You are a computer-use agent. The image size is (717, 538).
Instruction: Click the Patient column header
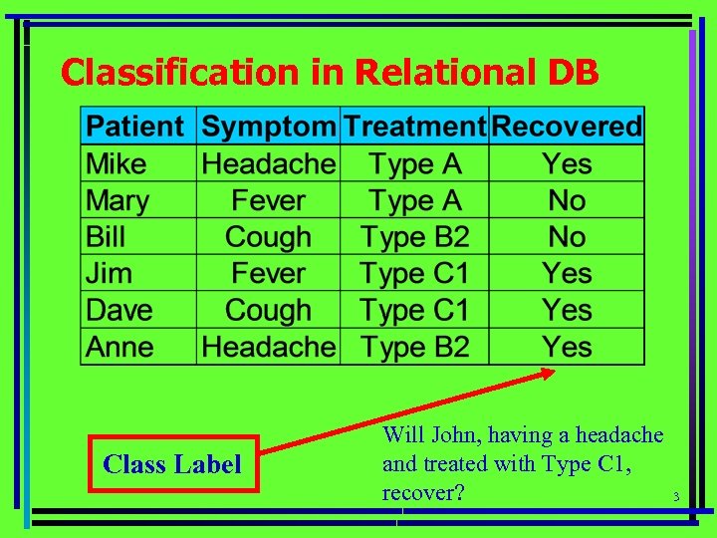135,128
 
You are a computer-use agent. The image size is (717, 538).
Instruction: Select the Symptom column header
268,128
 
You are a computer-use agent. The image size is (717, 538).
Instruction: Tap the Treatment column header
414,128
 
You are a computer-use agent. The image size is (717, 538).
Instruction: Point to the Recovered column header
567,128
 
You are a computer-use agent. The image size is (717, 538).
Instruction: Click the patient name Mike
117,164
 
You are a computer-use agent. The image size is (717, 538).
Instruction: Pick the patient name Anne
120,347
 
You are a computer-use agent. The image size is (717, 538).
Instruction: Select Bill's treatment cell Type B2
414,237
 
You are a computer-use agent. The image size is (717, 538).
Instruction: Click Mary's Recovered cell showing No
567,200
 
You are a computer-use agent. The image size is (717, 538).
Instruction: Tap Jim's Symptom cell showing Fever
268,274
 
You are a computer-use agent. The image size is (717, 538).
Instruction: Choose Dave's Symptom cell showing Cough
268,310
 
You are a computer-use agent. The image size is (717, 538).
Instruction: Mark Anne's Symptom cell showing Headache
268,347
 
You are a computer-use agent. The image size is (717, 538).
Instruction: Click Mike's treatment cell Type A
414,164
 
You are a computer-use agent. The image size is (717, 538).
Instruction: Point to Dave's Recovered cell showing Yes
567,310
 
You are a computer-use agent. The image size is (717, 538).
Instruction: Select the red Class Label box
172,464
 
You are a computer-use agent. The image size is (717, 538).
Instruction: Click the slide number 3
675,497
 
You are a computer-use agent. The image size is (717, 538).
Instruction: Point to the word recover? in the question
423,492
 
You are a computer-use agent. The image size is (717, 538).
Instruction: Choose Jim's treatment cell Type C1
414,274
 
